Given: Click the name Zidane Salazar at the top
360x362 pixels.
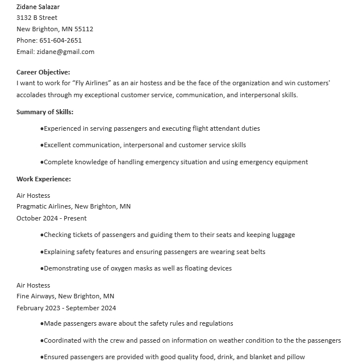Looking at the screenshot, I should pyautogui.click(x=38, y=7).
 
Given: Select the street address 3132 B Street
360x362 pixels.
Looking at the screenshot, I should pyautogui.click(x=37, y=18).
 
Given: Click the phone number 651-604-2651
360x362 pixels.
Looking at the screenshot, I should pyautogui.click(x=60, y=40).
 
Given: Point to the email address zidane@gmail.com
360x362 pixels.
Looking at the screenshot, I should pyautogui.click(x=65, y=52).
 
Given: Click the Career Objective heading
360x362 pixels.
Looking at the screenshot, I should pyautogui.click(x=43, y=72).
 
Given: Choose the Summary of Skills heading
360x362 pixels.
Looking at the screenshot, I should pyautogui.click(x=45, y=112).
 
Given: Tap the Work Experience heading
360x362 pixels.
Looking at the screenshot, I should pyautogui.click(x=44, y=179).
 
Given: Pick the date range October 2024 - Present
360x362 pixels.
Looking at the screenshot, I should pyautogui.click(x=52, y=218).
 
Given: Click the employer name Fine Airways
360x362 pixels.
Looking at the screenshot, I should pyautogui.click(x=35, y=296).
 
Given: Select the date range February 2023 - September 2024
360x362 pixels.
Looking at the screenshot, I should pyautogui.click(x=66, y=308).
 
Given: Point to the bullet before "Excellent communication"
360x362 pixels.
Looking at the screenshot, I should pyautogui.click(x=42, y=145).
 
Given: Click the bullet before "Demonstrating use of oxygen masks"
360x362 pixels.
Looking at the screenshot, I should pyautogui.click(x=42, y=269).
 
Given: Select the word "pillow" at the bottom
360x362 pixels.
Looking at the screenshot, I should pyautogui.click(x=296, y=357).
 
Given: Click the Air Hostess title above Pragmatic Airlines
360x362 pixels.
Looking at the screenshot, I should pyautogui.click(x=33, y=195).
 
